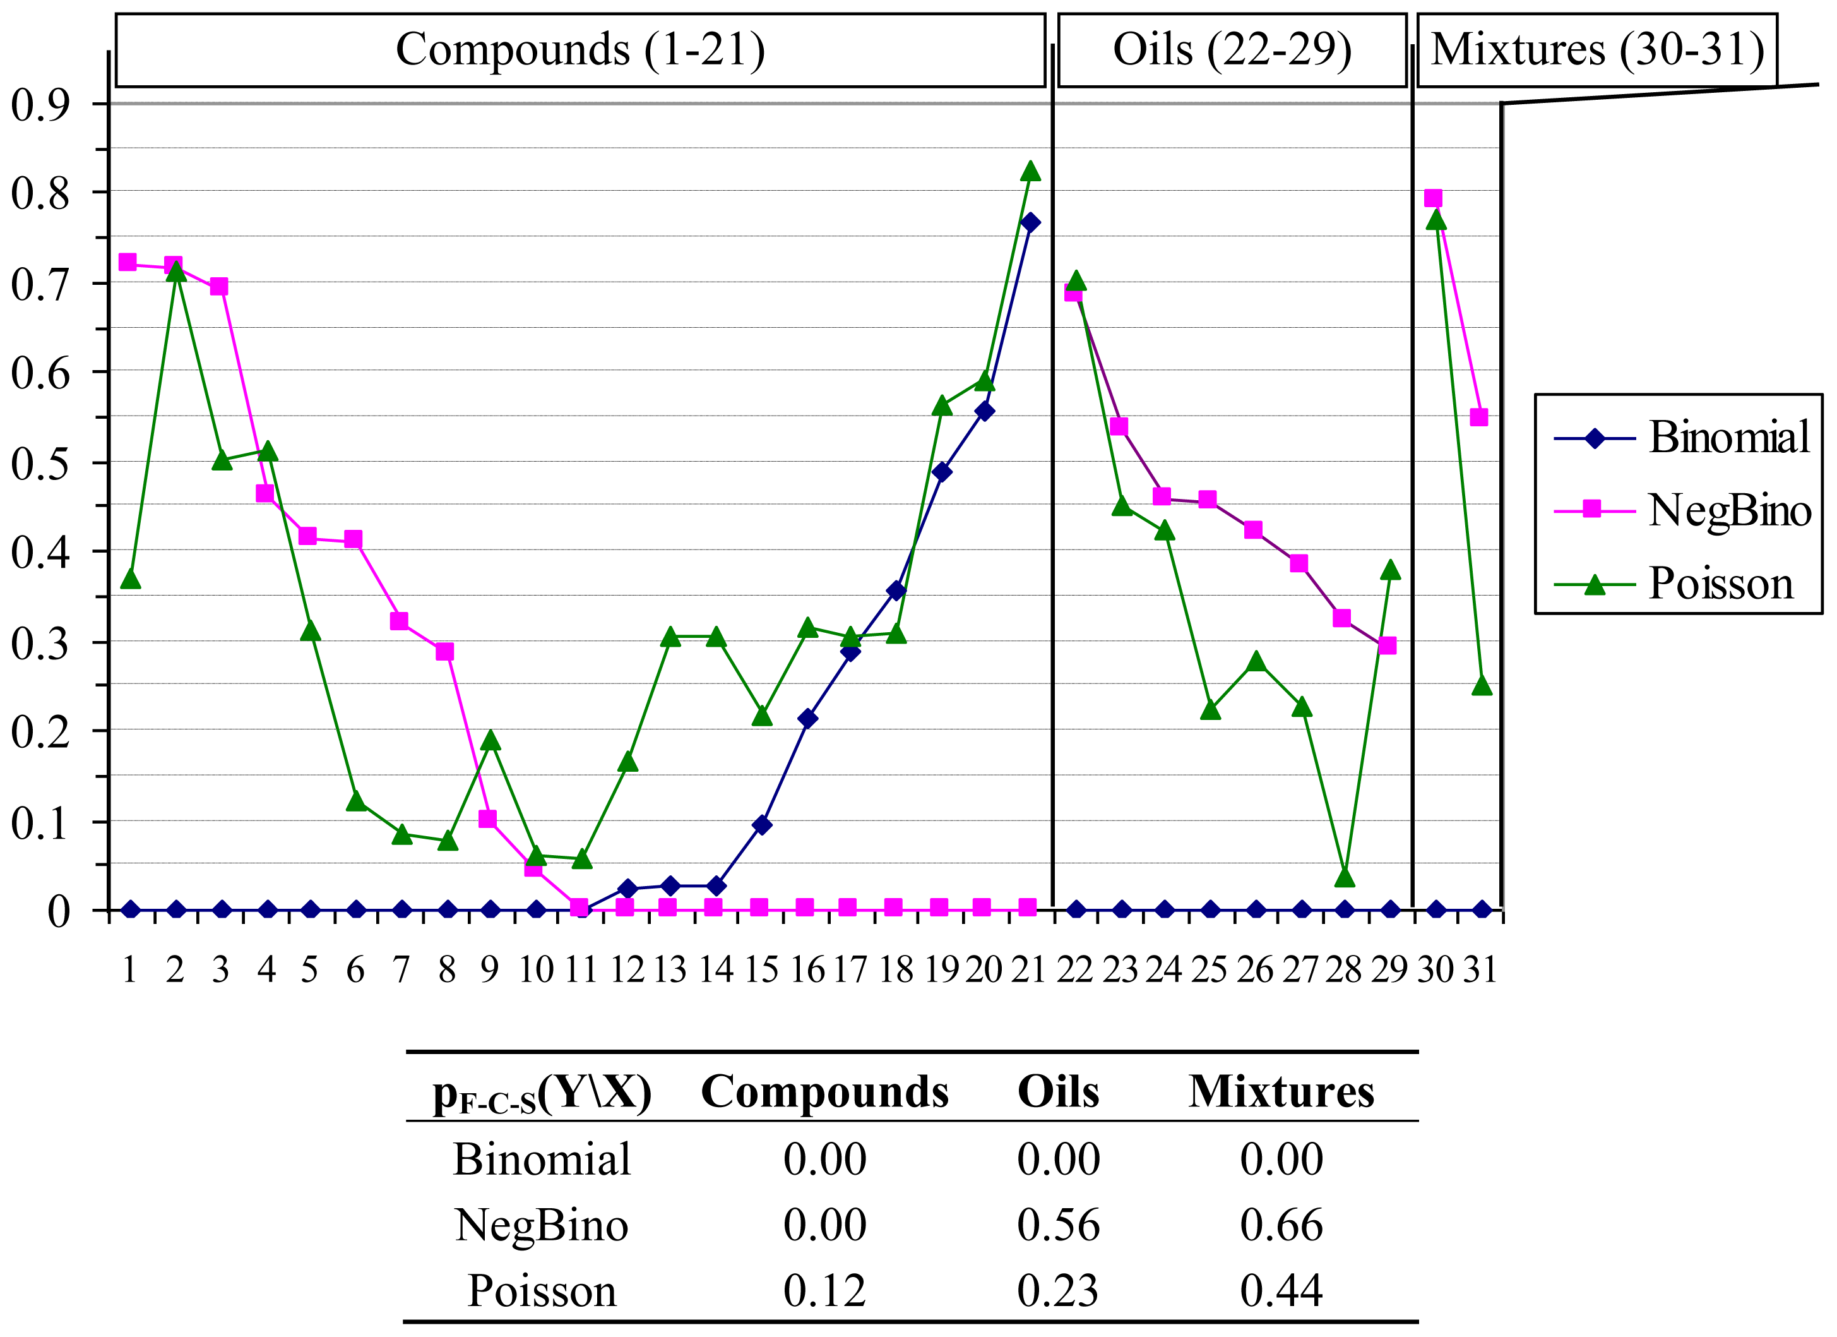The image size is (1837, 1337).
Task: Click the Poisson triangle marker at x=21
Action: (x=1030, y=171)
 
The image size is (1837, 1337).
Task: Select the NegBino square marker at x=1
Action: (x=127, y=261)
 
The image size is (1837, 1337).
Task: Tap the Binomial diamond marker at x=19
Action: (x=941, y=472)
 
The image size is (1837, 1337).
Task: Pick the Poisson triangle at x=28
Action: (x=1345, y=878)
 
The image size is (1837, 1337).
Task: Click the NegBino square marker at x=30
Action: (x=1433, y=198)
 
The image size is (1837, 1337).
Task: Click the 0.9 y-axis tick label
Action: (x=40, y=105)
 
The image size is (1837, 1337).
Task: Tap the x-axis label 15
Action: (x=761, y=970)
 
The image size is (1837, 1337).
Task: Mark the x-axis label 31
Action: (x=1480, y=970)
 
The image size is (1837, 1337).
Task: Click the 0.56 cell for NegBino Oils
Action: (x=1058, y=1225)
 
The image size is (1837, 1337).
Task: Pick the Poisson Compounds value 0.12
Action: (x=824, y=1291)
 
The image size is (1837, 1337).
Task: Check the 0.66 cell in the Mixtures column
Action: (x=1281, y=1225)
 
